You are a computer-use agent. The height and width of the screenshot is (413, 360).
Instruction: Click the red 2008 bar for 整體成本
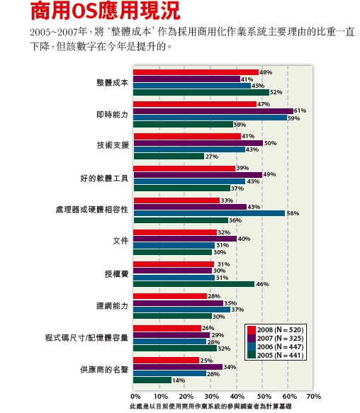point(196,72)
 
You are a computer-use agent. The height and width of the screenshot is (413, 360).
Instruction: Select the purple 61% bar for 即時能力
point(213,111)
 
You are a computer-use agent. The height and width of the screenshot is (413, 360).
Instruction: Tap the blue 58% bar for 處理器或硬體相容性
point(209,213)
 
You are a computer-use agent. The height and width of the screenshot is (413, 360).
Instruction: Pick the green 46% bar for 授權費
point(194,284)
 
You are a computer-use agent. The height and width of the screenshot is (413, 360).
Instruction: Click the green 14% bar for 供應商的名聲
point(152,380)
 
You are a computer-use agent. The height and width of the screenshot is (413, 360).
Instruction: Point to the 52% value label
point(276,92)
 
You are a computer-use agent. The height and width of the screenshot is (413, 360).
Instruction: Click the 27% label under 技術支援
point(212,157)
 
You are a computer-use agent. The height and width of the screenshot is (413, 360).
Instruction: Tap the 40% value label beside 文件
point(244,239)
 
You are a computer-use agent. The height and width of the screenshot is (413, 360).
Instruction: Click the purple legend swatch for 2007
point(252,338)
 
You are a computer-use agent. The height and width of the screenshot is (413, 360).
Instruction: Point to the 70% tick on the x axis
point(314,397)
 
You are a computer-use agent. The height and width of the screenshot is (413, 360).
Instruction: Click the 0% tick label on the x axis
point(135,397)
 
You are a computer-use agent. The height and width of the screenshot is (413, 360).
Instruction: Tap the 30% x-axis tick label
point(212,397)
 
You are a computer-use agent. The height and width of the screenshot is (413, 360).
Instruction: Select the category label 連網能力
point(112,306)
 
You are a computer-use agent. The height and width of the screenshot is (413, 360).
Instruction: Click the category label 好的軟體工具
point(104,179)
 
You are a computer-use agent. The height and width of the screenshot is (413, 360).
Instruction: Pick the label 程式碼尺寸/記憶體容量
point(86,338)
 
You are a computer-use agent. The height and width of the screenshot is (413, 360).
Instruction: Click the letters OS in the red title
point(85,11)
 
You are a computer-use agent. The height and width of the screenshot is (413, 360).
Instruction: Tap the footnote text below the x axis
point(211,407)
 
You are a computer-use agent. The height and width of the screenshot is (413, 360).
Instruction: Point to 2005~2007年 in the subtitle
point(59,32)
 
